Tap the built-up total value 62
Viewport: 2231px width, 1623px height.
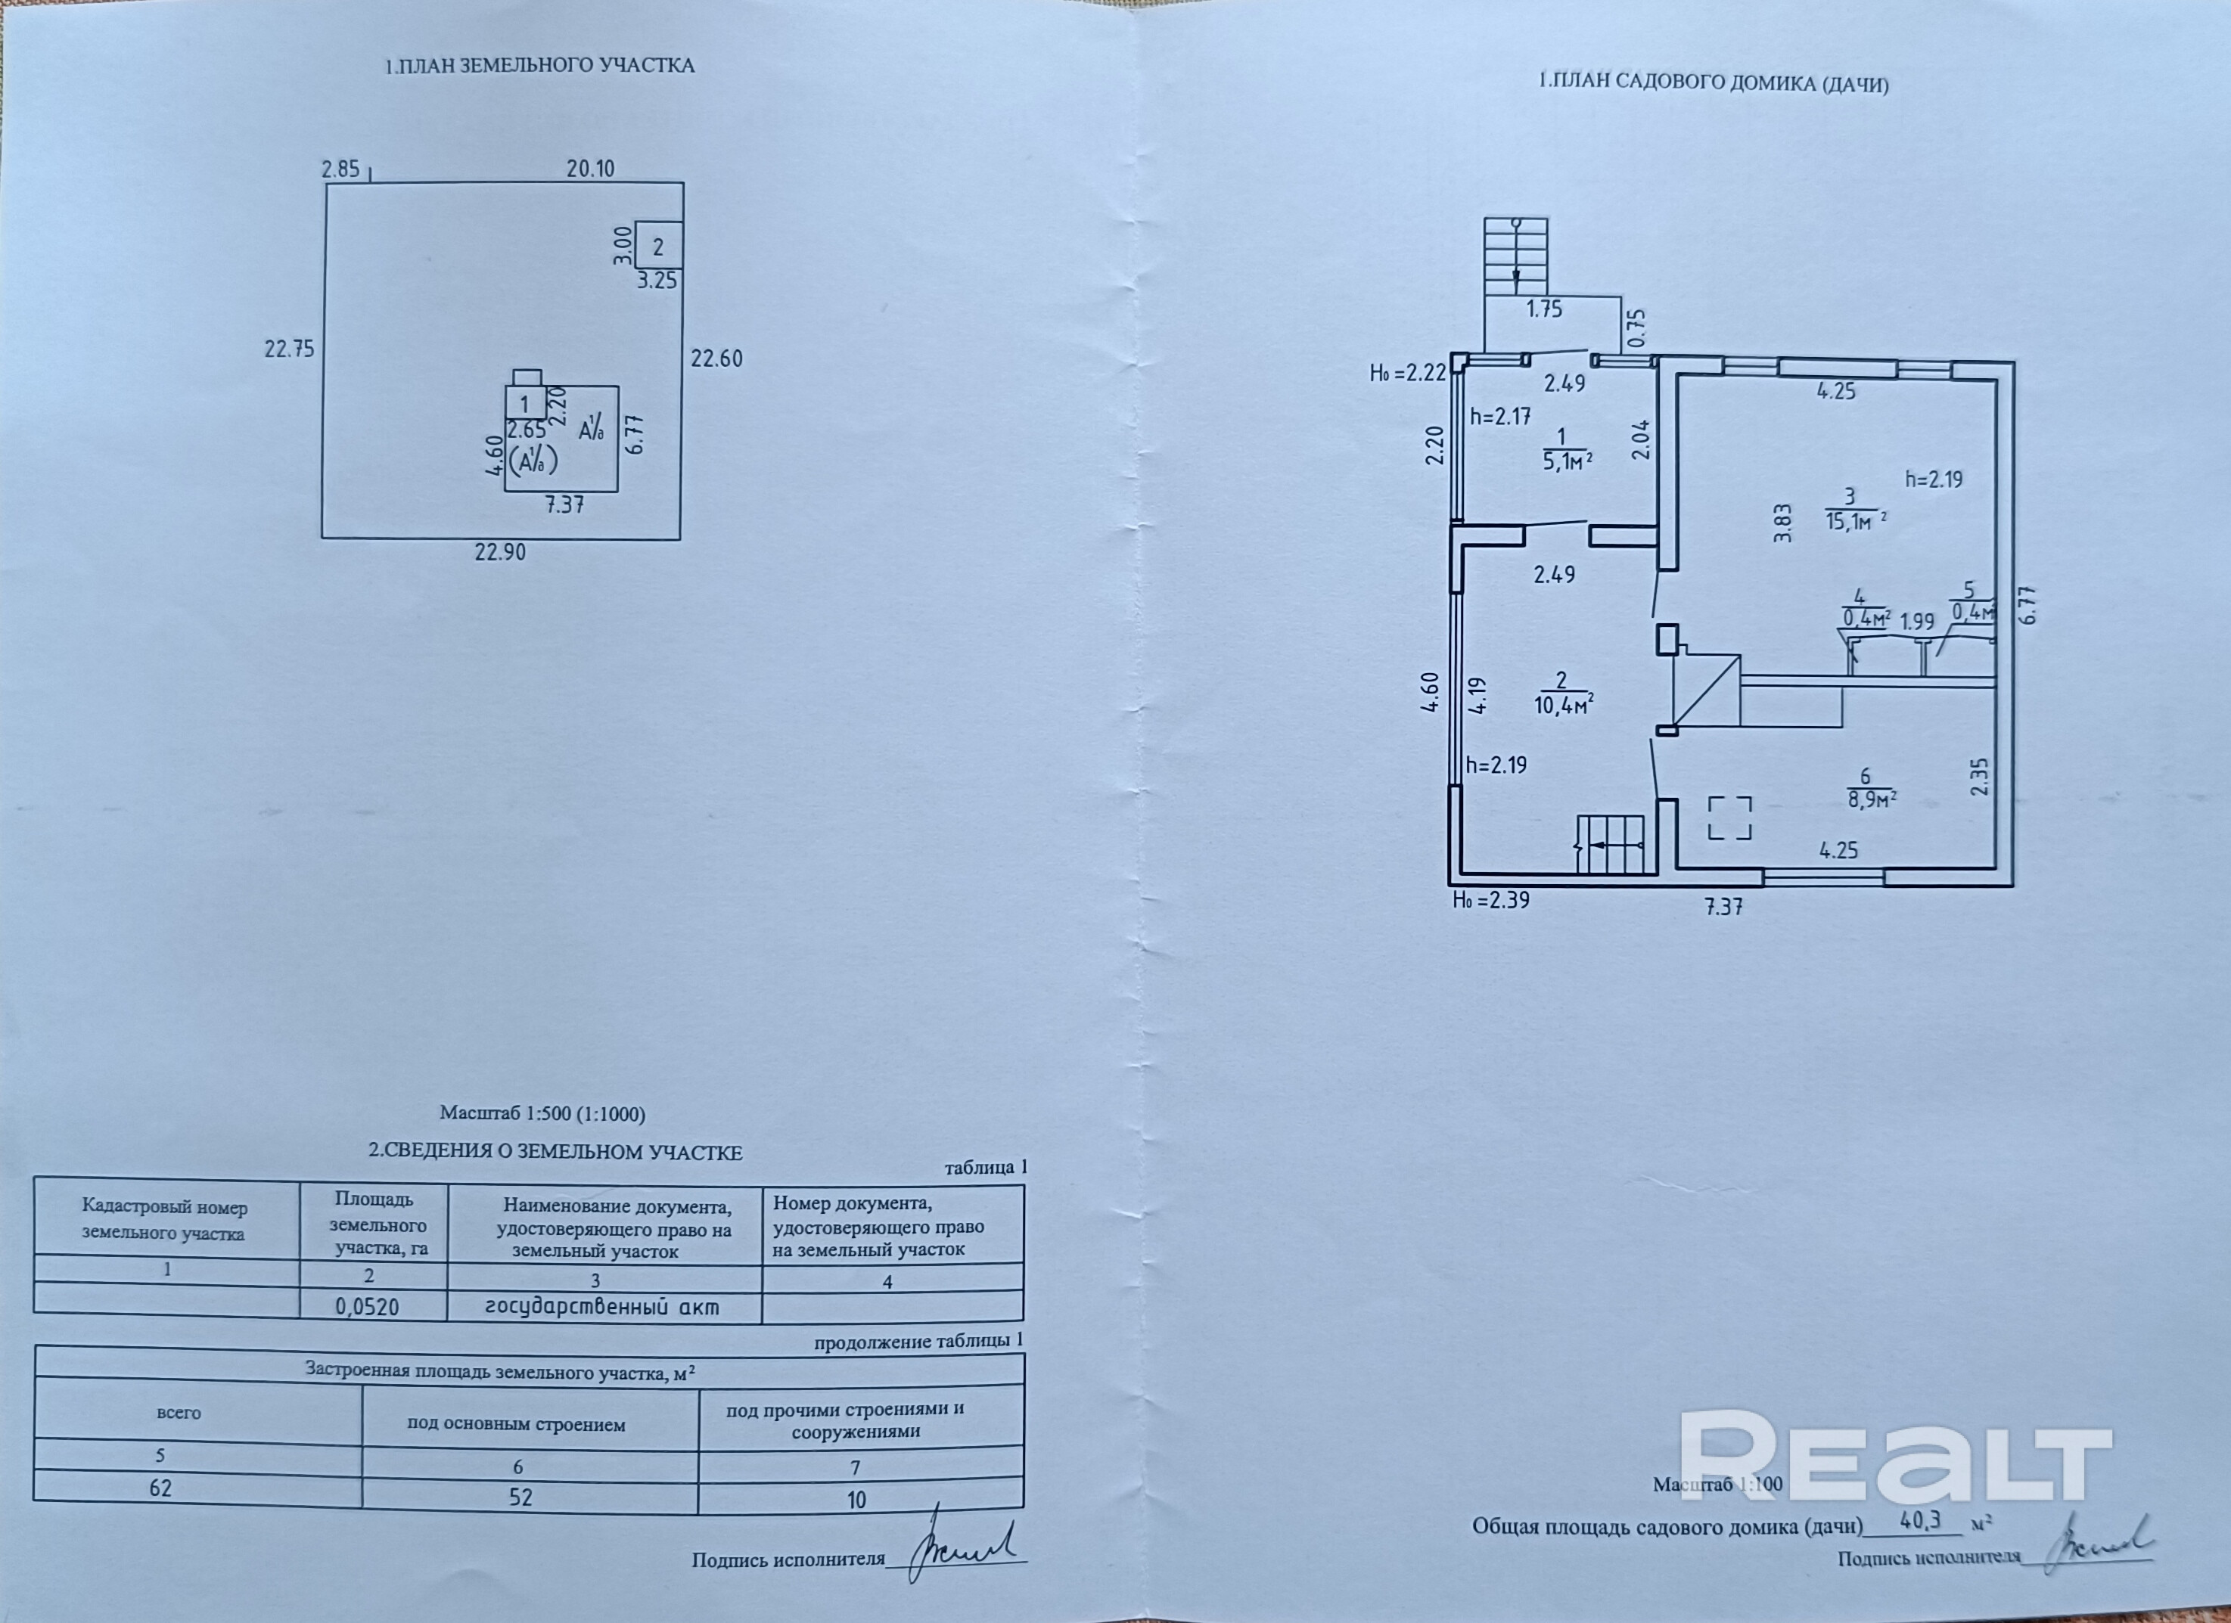160,1488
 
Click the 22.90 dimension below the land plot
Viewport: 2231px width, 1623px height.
500,553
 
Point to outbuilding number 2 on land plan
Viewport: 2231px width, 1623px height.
658,247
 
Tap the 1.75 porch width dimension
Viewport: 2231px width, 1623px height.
1544,310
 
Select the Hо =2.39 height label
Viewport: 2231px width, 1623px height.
1491,900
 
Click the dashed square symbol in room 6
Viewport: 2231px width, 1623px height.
1729,818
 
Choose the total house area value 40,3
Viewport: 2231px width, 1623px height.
1920,1521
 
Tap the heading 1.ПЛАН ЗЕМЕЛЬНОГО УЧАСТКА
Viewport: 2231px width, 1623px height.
539,66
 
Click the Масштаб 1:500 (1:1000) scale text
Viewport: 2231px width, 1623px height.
542,1115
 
